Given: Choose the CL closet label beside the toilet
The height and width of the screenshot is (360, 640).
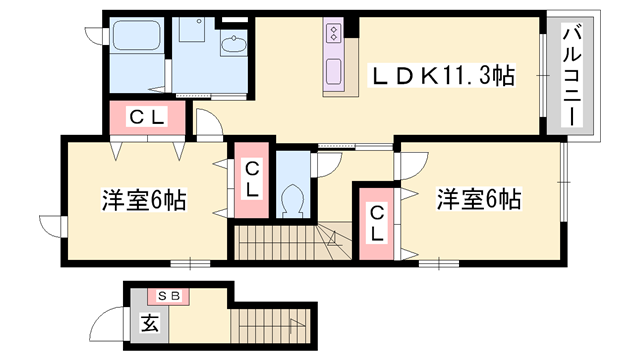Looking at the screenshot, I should (x=253, y=178).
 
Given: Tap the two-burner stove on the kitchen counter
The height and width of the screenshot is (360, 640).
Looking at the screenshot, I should (x=333, y=35).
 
